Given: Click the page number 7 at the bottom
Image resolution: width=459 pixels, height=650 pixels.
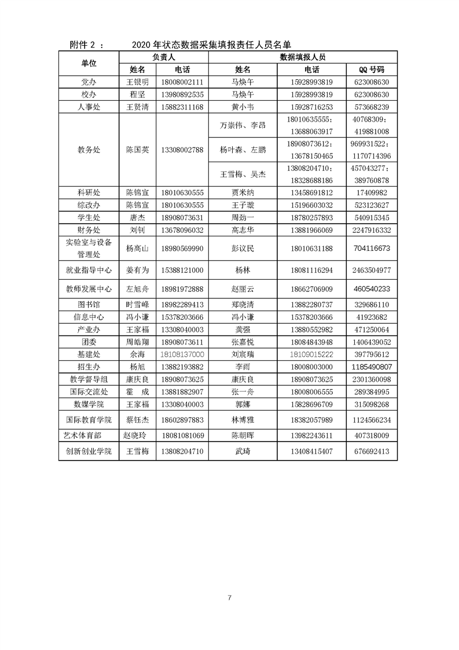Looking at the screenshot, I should coord(230,598).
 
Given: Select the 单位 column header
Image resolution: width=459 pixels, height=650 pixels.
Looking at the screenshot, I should coord(89,63).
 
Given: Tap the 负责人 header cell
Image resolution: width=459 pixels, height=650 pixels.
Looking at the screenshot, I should coord(164,57).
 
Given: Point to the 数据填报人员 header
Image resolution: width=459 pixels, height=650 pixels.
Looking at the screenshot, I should coord(302,57).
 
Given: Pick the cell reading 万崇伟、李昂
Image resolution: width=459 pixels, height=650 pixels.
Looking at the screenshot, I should coord(243,125).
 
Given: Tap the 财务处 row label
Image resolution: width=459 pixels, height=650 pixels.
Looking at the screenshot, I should coord(89,230).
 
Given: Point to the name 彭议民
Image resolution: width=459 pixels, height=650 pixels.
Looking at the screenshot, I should coord(243,249).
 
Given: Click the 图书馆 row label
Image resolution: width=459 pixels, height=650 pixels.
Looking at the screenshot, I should coord(89,304).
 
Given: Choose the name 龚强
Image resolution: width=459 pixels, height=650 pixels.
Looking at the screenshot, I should coord(243,329).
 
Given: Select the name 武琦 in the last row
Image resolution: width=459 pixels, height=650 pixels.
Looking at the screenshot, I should coord(243,451).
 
